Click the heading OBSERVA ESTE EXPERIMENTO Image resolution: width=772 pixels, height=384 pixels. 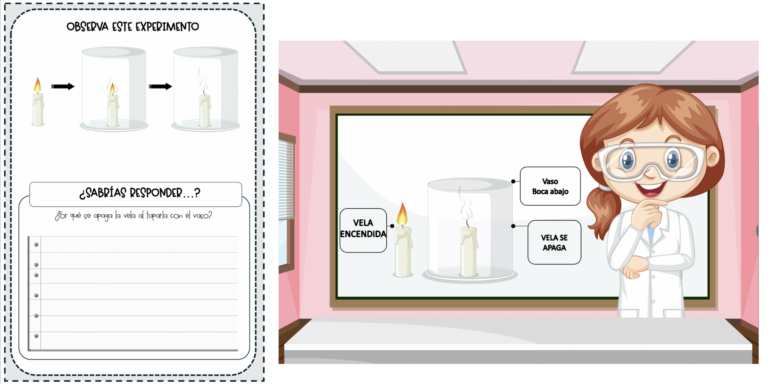coord(133,27)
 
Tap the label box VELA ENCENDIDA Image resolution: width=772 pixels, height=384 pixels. coord(363,230)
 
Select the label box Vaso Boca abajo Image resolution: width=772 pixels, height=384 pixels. coord(550,186)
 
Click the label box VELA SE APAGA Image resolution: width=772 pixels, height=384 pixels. coord(554,242)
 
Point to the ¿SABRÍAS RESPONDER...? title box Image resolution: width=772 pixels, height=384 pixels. coord(136,194)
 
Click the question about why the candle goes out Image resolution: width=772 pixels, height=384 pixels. coord(133,216)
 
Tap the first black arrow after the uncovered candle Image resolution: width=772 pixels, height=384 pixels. coord(63,87)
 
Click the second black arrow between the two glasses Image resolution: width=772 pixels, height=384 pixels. coord(161,87)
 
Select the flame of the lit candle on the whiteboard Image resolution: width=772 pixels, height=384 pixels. coord(402,214)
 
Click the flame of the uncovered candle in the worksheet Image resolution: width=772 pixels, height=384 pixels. coord(37,85)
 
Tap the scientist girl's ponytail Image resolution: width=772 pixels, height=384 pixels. coord(602,211)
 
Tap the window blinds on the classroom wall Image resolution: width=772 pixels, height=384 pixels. coord(286,179)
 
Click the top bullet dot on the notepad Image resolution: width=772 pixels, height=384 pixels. coord(36,245)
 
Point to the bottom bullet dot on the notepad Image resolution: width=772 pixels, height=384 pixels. coord(36,336)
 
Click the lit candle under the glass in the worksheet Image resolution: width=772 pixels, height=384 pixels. coord(113,105)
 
